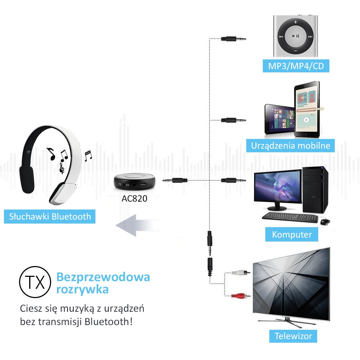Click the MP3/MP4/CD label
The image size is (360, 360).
[x=296, y=66]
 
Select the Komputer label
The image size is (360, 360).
[x=292, y=235]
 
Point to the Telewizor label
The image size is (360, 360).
[x=293, y=336]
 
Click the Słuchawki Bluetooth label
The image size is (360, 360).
[x=50, y=216]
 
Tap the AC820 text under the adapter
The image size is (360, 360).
[x=135, y=198]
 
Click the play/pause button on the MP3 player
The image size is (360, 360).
[x=296, y=36]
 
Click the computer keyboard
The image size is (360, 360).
[x=289, y=217]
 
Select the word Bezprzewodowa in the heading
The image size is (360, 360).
[x=103, y=277]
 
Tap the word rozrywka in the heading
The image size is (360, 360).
[x=82, y=289]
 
